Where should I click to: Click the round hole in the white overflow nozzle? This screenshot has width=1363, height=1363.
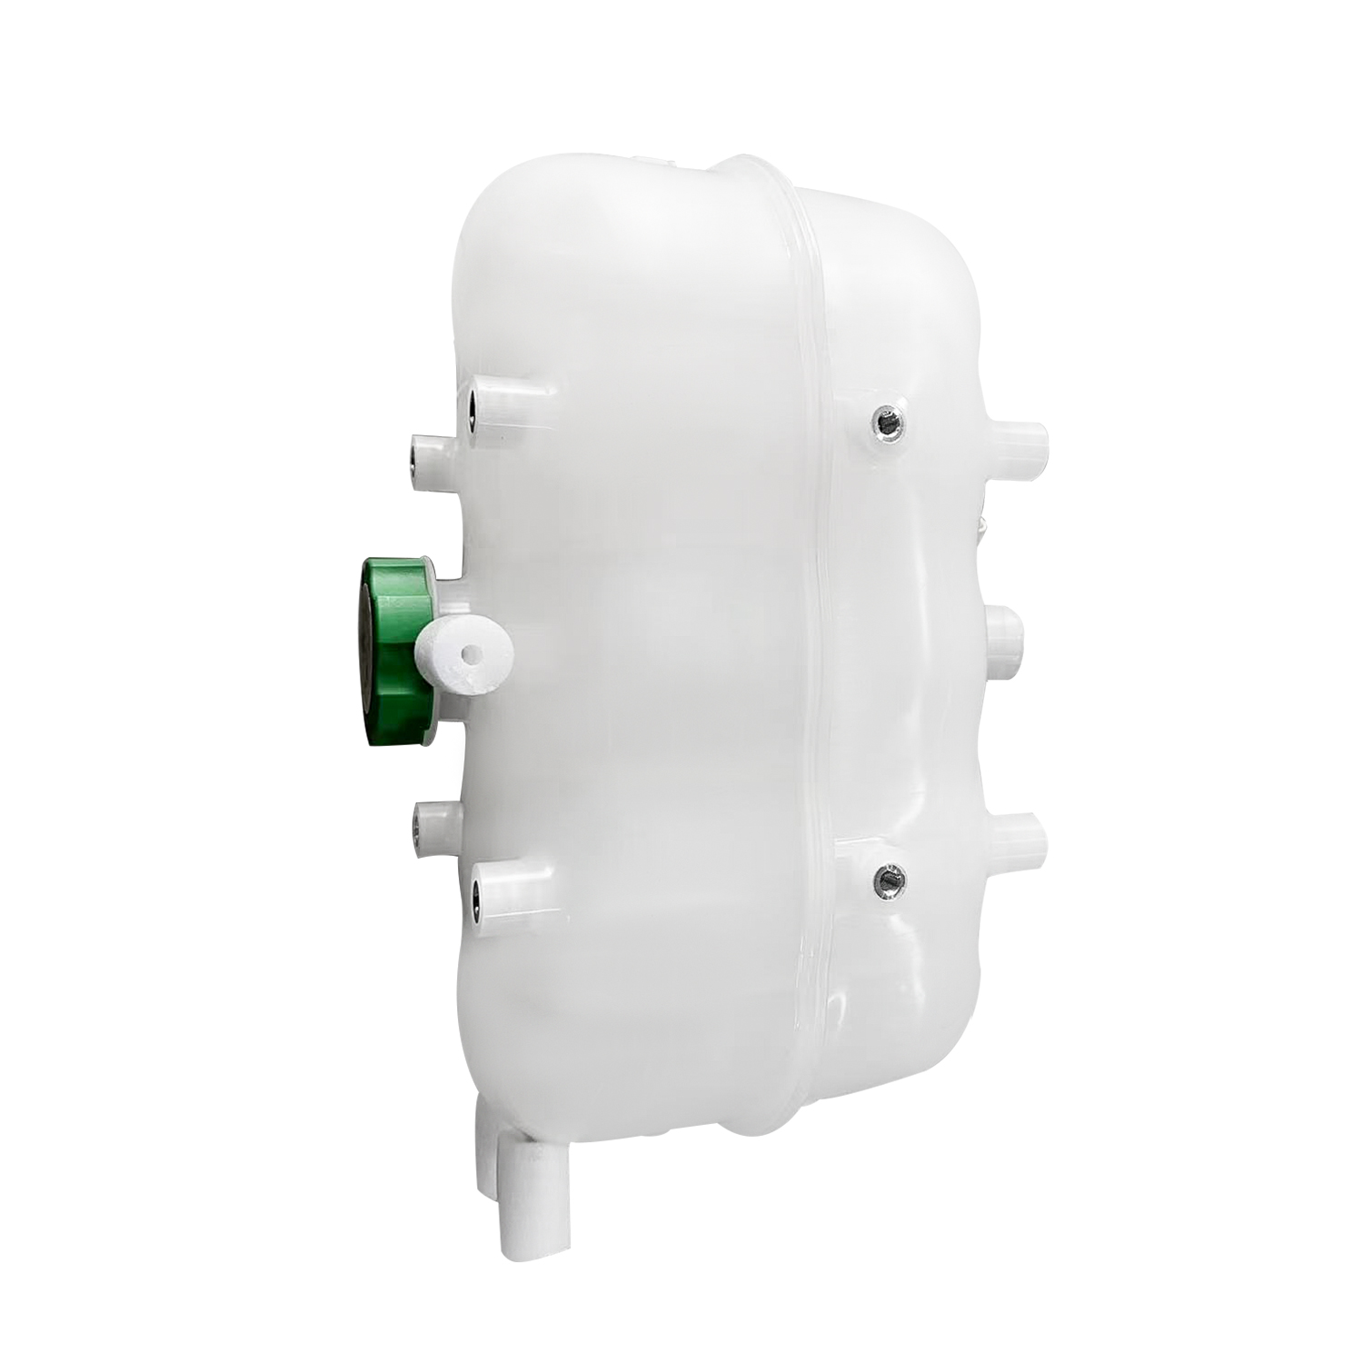point(470,653)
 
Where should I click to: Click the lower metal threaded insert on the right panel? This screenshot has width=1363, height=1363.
point(887,879)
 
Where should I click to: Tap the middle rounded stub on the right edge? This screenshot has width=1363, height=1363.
point(1004,641)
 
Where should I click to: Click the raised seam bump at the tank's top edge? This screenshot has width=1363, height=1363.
point(745,168)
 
